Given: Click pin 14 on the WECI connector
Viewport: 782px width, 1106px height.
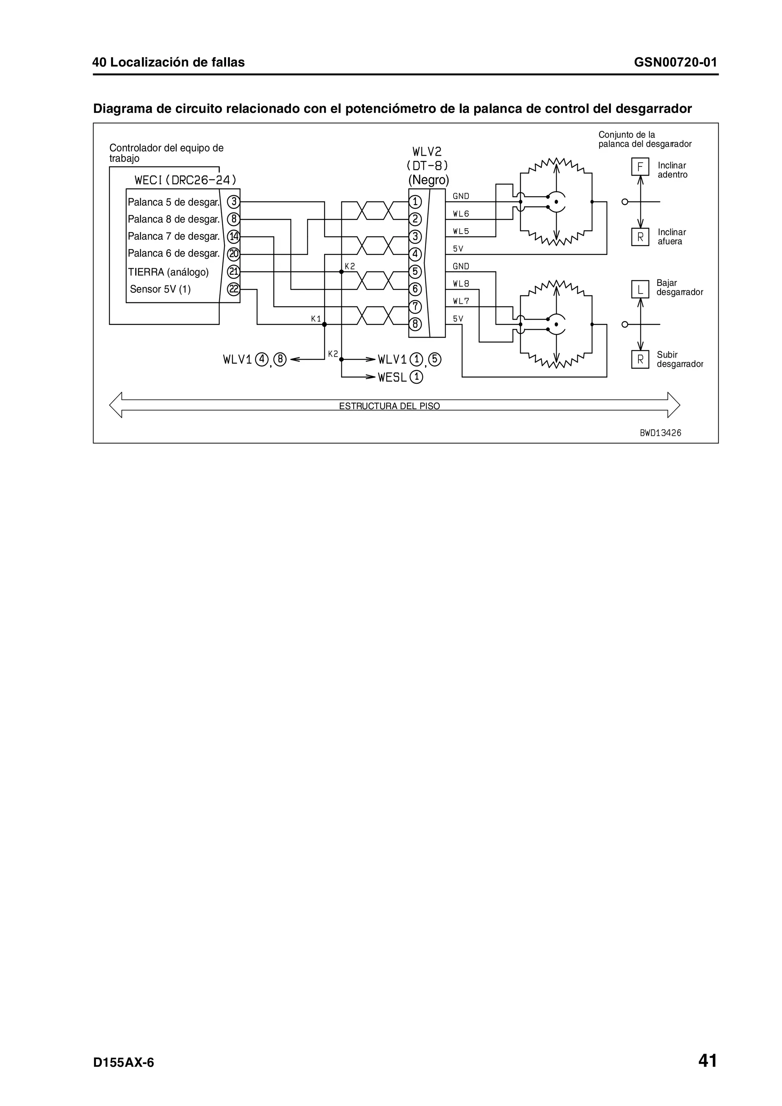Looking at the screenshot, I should pos(234,237).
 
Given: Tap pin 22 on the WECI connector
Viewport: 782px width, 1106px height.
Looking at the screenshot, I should pos(234,289).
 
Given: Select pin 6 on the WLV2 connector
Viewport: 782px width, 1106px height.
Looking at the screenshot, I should pos(415,289).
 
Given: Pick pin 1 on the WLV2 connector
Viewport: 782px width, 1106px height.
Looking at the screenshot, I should pos(415,202).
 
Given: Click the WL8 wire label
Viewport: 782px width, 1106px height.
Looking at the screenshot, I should pos(460,284).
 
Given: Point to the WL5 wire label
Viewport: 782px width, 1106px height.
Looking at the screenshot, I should pos(460,231).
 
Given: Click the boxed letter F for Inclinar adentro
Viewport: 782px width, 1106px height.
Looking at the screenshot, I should pos(640,167).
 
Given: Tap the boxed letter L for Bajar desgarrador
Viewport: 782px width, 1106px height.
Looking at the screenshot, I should pos(640,290).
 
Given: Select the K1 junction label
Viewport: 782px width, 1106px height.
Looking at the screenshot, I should pos(316,319).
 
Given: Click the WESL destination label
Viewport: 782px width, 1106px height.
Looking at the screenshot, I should pos(392,378).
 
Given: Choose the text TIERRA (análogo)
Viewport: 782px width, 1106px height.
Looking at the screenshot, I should pos(168,272).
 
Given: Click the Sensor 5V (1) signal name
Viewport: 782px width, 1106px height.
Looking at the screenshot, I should pos(160,289).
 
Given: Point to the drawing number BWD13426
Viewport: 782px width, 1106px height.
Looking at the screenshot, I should pos(660,432).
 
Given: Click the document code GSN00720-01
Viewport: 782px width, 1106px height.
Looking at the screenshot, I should pos(675,62).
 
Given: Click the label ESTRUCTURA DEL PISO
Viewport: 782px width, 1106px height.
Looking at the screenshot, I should pos(389,406).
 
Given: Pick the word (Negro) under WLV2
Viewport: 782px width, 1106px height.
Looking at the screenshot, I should pos(428,180).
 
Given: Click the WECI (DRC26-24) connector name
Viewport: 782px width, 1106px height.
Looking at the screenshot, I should pos(186,180).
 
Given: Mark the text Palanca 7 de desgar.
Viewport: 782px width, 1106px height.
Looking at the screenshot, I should pos(173,237).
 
